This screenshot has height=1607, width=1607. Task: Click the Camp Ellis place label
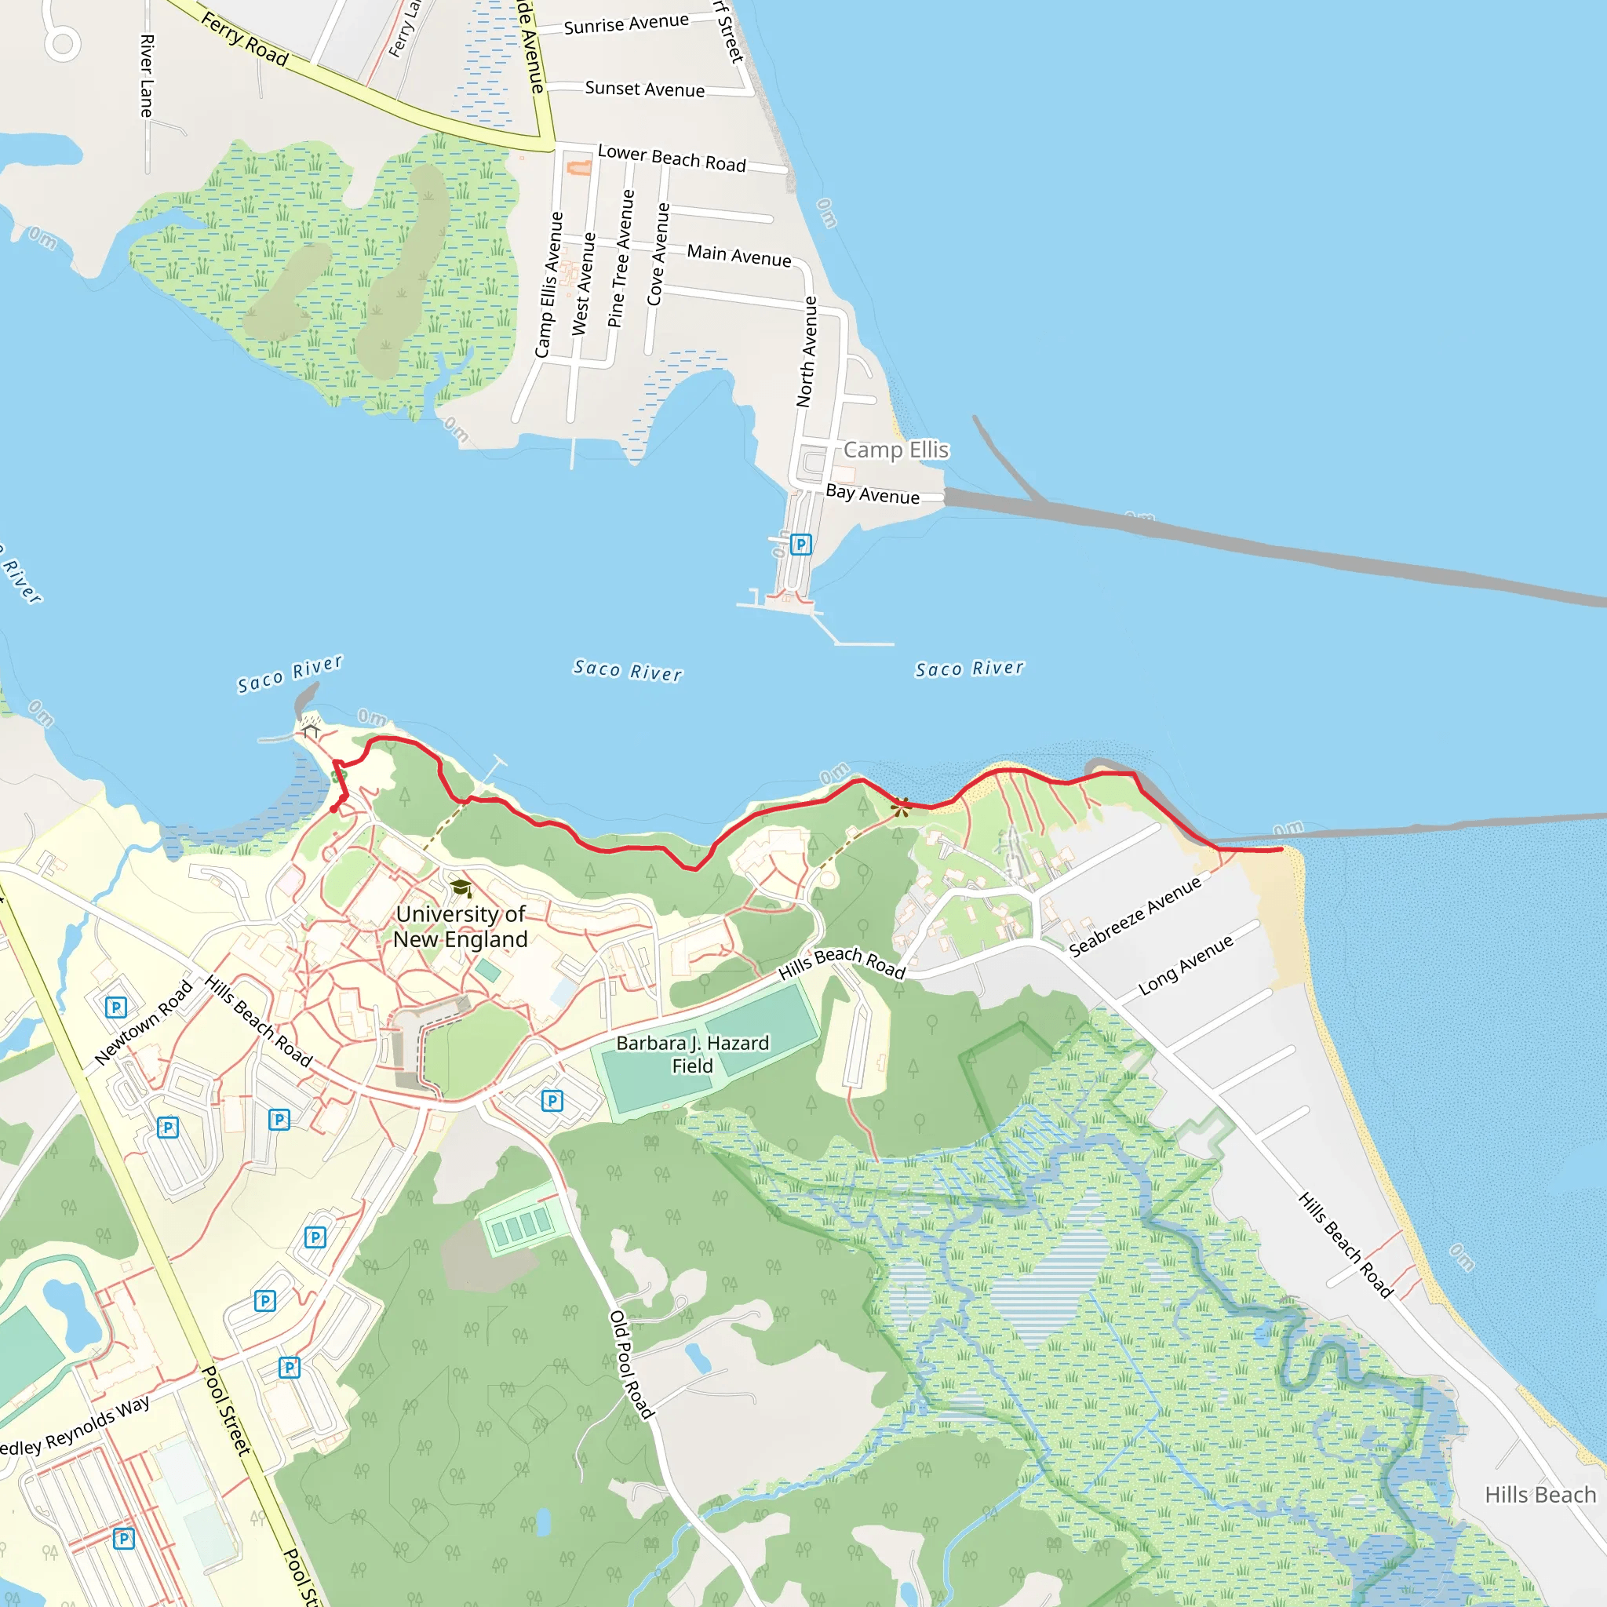click(896, 450)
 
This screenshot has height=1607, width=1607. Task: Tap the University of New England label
click(460, 927)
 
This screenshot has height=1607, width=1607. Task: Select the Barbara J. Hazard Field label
click(692, 1054)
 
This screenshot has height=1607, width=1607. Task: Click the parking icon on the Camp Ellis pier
click(800, 545)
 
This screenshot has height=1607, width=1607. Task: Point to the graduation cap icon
click(461, 888)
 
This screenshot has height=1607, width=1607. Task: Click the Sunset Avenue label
click(645, 89)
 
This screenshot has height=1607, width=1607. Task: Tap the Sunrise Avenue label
click(625, 24)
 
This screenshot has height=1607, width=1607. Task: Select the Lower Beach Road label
click(671, 158)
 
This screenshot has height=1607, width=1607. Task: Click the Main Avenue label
click(738, 255)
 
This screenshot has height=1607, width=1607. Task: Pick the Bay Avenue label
click(873, 494)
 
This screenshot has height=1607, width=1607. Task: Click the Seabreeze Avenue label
click(1135, 916)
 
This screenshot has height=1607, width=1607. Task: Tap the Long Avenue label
click(1186, 965)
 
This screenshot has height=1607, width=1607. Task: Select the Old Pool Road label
click(632, 1364)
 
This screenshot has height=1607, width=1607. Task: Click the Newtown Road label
click(143, 1022)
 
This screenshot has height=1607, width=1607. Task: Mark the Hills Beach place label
click(1540, 1495)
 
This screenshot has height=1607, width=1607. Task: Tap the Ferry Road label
click(245, 40)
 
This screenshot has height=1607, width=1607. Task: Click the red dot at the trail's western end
click(333, 808)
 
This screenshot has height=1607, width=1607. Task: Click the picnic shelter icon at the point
click(311, 731)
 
